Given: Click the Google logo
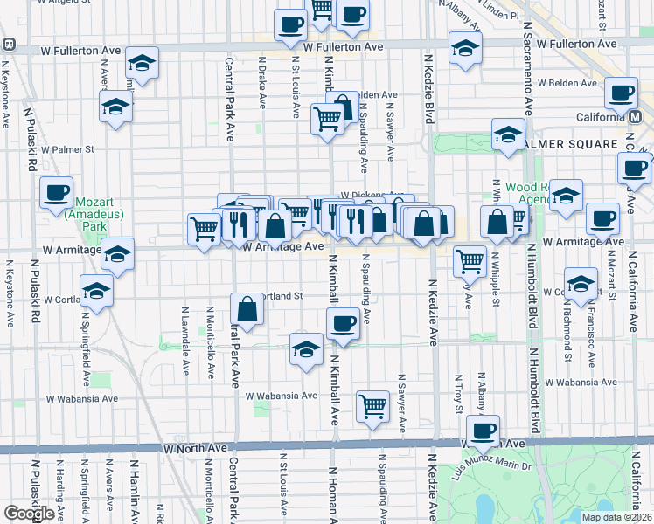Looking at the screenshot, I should (29, 513).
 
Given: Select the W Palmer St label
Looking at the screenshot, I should (70, 149).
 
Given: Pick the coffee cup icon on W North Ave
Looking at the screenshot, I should (483, 430).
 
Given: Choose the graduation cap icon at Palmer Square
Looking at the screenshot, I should (507, 134).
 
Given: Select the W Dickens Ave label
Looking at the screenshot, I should (372, 196).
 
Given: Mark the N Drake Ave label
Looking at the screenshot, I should (262, 83).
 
